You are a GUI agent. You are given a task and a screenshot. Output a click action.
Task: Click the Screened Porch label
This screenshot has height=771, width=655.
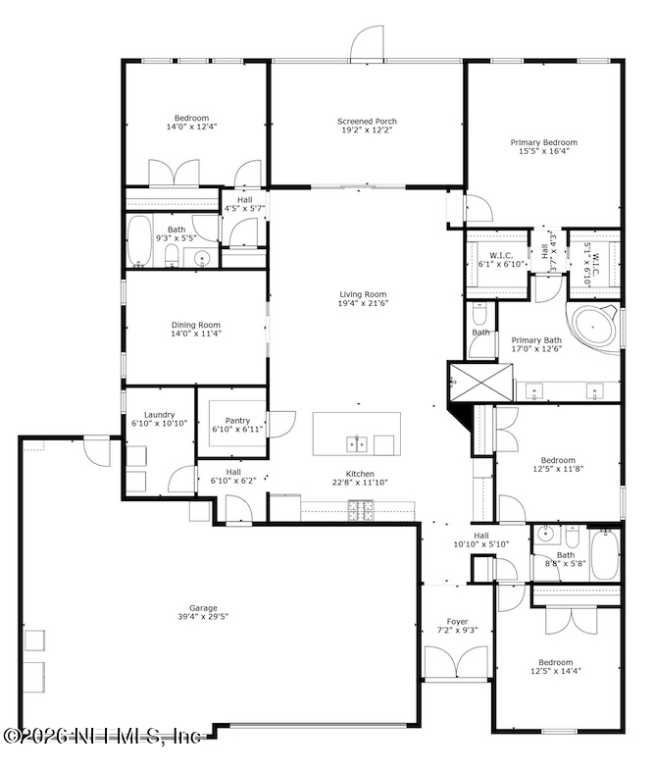[367, 121]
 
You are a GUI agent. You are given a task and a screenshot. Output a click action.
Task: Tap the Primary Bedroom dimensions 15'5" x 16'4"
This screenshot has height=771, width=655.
[543, 151]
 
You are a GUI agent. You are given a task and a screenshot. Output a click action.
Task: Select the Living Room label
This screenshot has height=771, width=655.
[363, 294]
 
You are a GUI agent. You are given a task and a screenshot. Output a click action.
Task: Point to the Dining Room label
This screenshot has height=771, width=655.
[195, 325]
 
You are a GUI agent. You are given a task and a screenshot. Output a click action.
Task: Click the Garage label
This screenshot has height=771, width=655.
[203, 608]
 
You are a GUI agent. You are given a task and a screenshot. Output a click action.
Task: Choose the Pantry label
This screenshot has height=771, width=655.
[237, 421]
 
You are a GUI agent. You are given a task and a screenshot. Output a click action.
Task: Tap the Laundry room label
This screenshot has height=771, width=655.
[159, 415]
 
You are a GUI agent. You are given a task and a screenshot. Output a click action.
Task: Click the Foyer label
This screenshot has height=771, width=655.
[457, 622]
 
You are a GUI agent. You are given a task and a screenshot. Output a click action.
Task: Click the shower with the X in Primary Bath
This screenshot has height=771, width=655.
[480, 382]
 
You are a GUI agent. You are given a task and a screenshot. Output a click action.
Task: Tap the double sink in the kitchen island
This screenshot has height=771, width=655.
[356, 444]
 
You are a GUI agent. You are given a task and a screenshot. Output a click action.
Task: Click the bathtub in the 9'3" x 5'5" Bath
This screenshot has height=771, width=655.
[139, 241]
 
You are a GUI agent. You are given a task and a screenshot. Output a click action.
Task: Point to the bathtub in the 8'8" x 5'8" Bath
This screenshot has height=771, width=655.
[605, 554]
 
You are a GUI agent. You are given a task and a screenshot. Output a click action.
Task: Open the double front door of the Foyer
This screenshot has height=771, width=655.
[457, 663]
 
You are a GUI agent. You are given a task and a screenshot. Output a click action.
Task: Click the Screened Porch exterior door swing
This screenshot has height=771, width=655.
[367, 43]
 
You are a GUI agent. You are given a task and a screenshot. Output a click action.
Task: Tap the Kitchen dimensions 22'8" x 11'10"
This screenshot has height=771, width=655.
[360, 483]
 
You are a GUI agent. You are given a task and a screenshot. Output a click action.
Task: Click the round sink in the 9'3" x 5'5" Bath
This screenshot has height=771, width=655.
[201, 258]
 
